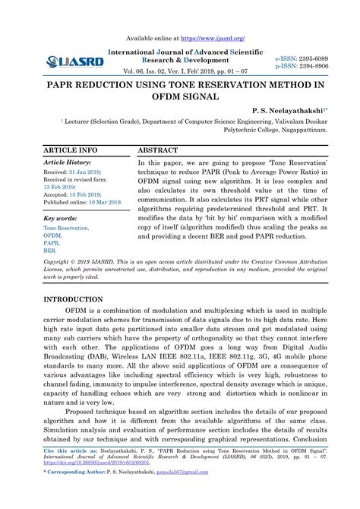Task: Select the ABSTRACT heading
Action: point(158,150)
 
